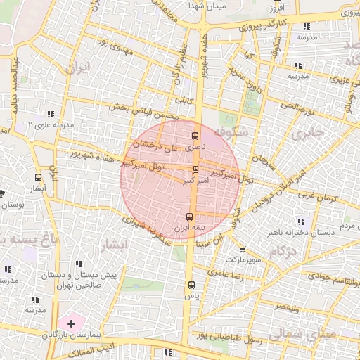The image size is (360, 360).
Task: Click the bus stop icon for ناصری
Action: [195, 136]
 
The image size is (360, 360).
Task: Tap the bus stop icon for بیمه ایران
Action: [189, 217]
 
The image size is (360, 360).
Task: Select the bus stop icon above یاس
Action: [191, 285]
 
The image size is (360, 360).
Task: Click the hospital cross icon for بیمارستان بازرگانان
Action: [71, 323]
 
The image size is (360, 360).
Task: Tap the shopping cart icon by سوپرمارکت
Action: [243, 249]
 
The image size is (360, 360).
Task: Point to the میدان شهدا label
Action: [206, 6]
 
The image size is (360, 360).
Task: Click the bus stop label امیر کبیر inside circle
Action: [195, 181]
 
